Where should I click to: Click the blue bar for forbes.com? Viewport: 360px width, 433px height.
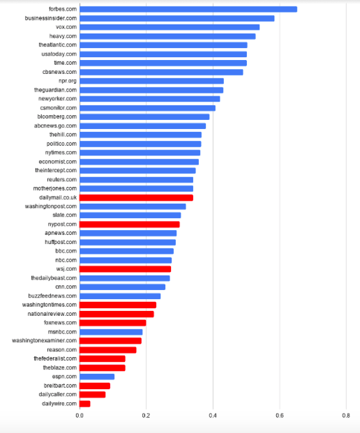click(188, 9)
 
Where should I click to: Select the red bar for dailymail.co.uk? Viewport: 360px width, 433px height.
click(136, 198)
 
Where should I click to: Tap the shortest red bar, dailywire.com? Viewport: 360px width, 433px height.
click(85, 404)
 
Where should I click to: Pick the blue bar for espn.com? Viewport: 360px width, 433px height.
click(97, 377)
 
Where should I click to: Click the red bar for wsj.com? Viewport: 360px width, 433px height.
click(125, 269)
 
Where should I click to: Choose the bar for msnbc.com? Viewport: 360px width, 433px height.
click(111, 332)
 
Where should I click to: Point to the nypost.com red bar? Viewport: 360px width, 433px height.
click(130, 225)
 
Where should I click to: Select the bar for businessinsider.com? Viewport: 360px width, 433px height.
click(177, 19)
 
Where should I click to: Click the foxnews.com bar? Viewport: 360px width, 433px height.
click(113, 323)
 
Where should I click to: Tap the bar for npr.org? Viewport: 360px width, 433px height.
click(151, 81)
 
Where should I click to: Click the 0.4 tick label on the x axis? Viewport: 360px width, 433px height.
click(213, 416)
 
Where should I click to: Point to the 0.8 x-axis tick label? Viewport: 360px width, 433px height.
click(346, 416)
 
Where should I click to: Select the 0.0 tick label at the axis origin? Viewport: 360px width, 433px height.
click(80, 416)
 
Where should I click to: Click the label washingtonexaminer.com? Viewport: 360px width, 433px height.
click(44, 341)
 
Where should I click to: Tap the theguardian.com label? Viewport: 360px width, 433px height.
click(56, 90)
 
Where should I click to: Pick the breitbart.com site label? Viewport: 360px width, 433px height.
click(60, 386)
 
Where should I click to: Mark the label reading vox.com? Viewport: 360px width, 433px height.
click(66, 27)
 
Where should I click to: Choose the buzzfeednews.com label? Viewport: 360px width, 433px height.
click(52, 296)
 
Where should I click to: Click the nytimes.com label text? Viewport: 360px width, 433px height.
click(61, 153)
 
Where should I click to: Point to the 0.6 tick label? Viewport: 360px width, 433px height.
click(280, 416)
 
